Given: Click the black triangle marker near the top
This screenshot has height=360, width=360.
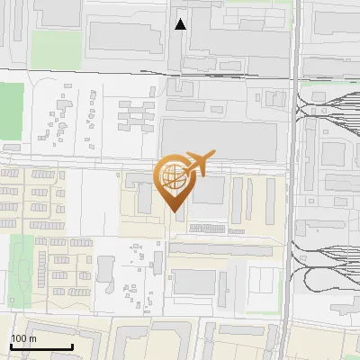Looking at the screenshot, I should tap(181, 24).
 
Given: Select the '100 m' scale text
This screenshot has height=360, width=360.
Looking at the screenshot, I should tap(23, 338).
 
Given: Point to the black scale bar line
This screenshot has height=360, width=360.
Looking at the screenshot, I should tap(41, 347).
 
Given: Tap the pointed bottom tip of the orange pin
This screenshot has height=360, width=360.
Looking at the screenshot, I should tap(175, 212).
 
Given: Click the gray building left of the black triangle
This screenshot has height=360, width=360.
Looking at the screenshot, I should tap(126, 37).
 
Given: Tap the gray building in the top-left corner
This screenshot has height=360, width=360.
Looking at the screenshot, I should tap(56, 11).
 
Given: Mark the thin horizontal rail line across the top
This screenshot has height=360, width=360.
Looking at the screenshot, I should tap(90, 70).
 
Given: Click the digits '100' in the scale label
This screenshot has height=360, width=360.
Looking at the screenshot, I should tap(19, 338).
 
